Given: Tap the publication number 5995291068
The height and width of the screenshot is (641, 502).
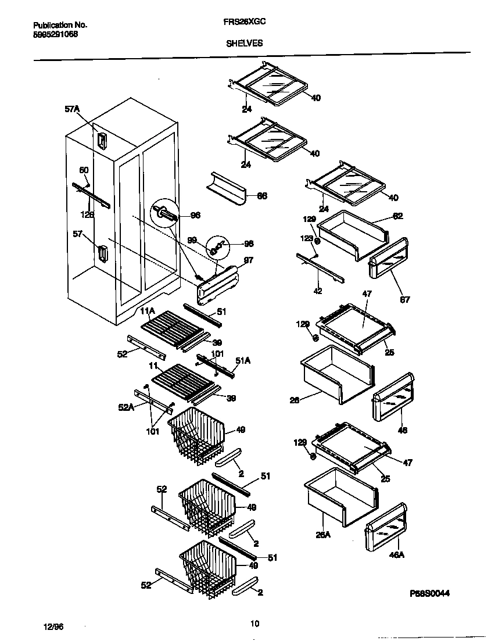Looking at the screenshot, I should click(x=55, y=34).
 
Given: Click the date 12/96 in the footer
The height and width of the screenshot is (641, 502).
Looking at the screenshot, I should click(x=53, y=626).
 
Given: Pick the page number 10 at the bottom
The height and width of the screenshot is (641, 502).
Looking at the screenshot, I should click(x=254, y=624).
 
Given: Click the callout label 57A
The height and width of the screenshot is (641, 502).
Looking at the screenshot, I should click(x=72, y=109).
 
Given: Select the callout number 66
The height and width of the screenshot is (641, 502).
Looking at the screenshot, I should click(x=262, y=196).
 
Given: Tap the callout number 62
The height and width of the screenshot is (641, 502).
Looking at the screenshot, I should click(x=397, y=216).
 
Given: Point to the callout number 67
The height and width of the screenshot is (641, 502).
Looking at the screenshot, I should click(x=405, y=300).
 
